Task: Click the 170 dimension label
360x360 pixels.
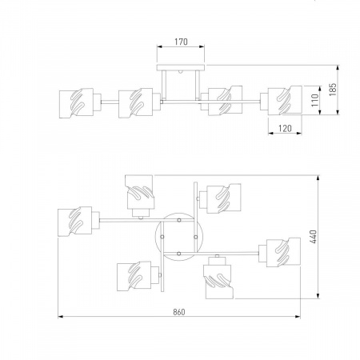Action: (181, 42)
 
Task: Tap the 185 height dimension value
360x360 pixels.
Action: (333, 90)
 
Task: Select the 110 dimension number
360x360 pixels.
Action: (315, 100)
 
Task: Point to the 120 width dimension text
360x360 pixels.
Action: (285, 129)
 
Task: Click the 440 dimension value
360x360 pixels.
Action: (314, 237)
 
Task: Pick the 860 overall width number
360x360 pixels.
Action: (179, 312)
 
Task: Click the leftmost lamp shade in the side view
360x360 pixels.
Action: (76, 103)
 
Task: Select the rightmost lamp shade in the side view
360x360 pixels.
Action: (285, 100)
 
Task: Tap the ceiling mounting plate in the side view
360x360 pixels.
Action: (181, 68)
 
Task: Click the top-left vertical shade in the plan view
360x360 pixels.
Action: (140, 192)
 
